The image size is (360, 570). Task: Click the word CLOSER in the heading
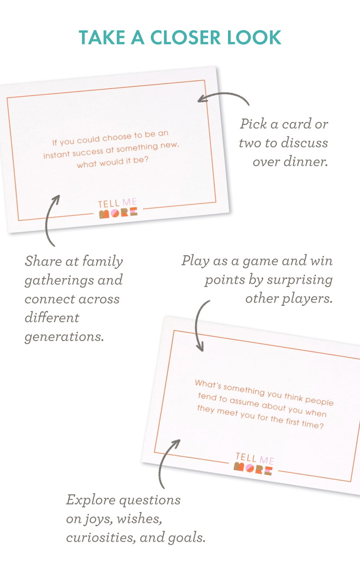click(x=186, y=38)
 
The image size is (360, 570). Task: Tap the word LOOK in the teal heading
click(x=254, y=38)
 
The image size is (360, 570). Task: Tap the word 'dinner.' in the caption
click(x=306, y=161)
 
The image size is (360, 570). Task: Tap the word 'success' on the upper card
click(x=88, y=152)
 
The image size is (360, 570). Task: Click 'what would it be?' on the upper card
click(x=112, y=163)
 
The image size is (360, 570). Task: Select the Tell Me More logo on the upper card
click(x=118, y=208)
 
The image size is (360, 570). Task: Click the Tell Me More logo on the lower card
click(x=254, y=464)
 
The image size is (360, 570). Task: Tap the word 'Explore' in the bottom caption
click(x=91, y=500)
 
